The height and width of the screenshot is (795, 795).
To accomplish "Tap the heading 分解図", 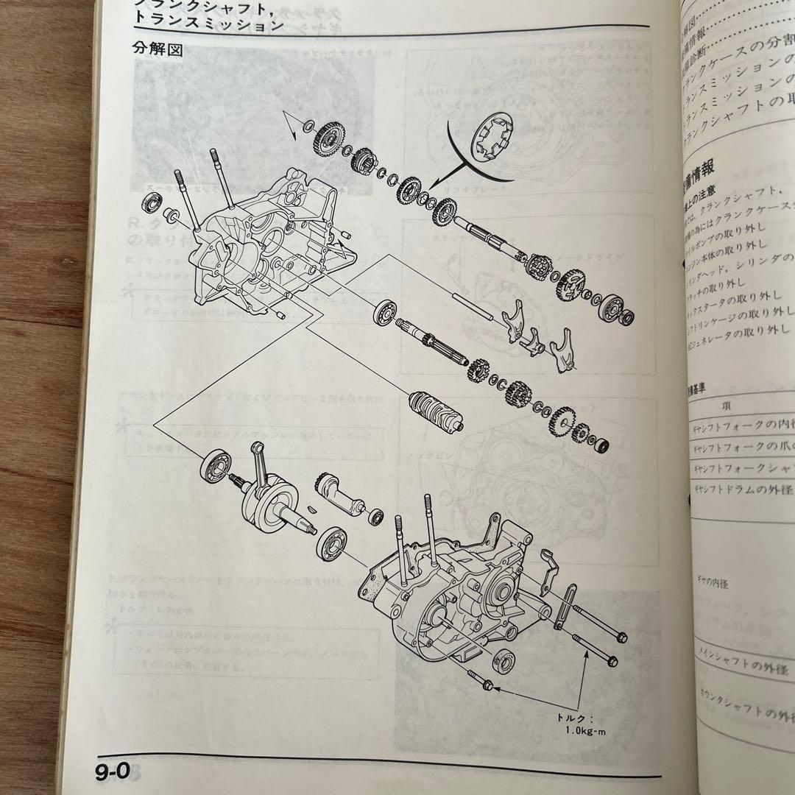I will point(158,50).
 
